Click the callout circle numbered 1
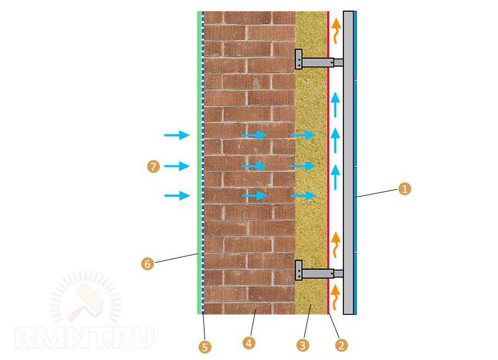(x=404, y=189)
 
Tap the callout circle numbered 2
(x=342, y=345)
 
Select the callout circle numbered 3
(x=303, y=345)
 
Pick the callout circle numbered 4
(x=248, y=343)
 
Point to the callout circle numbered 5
(x=205, y=347)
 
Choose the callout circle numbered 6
(x=148, y=263)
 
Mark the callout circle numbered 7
(x=154, y=166)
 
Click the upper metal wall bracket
(x=319, y=59)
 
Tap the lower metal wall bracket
(x=319, y=271)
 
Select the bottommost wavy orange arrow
(x=335, y=298)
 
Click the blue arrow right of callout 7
(x=177, y=166)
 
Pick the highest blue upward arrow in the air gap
(x=335, y=104)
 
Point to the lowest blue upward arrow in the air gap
(x=335, y=177)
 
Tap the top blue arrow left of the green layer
(x=177, y=135)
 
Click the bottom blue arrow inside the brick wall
(x=254, y=195)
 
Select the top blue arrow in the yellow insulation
(x=303, y=135)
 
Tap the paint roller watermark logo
(x=85, y=297)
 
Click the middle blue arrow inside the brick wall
(x=254, y=166)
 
